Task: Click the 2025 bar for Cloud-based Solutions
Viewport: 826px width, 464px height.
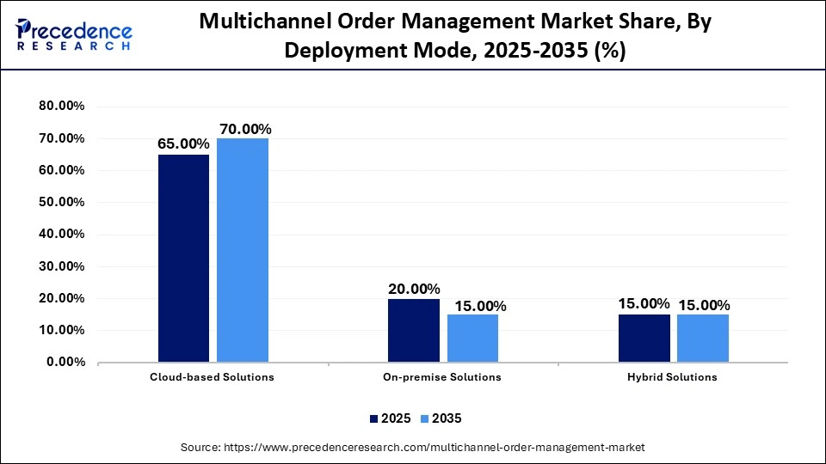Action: coord(183,258)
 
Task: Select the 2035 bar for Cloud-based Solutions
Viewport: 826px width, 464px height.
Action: coord(243,250)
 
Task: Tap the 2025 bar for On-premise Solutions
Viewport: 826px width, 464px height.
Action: coord(414,330)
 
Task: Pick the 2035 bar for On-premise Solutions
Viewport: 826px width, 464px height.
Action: coord(472,338)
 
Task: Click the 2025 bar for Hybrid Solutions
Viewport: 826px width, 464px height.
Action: coord(644,338)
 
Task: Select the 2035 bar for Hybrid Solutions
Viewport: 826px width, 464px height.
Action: coord(703,338)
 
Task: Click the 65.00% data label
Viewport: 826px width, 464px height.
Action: coord(183,145)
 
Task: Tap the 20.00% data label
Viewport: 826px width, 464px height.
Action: coord(414,290)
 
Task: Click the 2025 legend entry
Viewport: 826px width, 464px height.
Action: coord(389,418)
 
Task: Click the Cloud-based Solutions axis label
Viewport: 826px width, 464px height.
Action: coord(213,377)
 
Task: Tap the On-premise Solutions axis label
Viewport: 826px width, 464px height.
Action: coord(442,377)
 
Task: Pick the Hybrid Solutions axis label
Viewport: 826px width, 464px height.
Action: coord(673,377)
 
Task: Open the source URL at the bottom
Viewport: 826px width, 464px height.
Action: coord(412,448)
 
